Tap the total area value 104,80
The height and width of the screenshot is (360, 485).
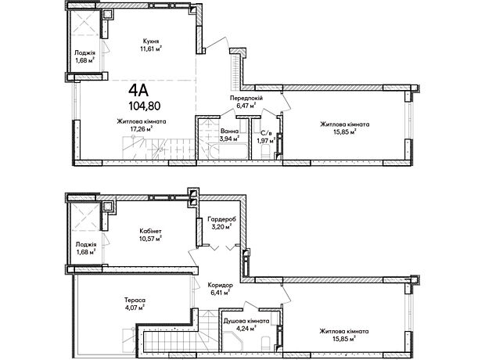pyautogui.click(x=145, y=106)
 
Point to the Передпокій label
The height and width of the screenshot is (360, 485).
pyautogui.click(x=246, y=98)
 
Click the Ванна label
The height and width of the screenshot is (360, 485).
pyautogui.click(x=229, y=131)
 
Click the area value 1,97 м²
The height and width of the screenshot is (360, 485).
pyautogui.click(x=266, y=141)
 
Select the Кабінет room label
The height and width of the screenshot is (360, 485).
pyautogui.click(x=150, y=231)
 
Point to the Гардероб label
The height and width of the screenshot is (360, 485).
pyautogui.click(x=221, y=219)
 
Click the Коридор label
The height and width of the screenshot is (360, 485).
pyautogui.click(x=220, y=285)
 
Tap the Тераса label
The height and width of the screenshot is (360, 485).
pyautogui.click(x=135, y=300)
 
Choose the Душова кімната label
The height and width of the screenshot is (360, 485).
pyautogui.click(x=246, y=321)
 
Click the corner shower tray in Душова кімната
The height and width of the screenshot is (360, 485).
pyautogui.click(x=232, y=340)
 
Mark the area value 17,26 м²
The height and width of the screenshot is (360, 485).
pyautogui.click(x=142, y=129)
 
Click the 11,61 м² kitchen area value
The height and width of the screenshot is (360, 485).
pyautogui.click(x=151, y=49)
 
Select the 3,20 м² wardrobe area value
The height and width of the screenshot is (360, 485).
pyautogui.click(x=221, y=227)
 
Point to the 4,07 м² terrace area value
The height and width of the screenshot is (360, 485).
pyautogui.click(x=135, y=308)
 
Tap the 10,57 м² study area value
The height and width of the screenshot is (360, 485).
pyautogui.click(x=150, y=239)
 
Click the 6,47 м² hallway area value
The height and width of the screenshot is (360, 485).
pyautogui.click(x=246, y=106)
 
